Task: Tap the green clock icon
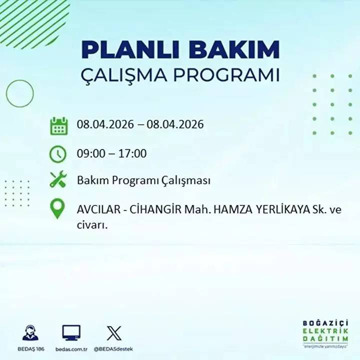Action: (58, 153)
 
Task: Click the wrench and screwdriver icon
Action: (58, 179)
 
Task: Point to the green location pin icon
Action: (58, 209)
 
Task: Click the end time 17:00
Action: (132, 153)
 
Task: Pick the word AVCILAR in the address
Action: (97, 210)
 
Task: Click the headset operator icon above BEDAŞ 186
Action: (30, 333)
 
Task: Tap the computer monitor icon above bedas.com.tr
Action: (71, 332)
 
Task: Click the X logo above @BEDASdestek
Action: (113, 332)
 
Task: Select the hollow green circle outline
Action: (20, 93)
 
